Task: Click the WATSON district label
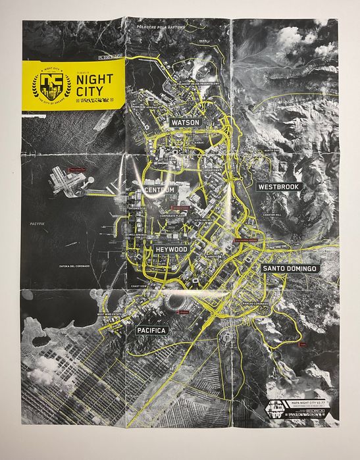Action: pyautogui.click(x=185, y=122)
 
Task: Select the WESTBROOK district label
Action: pyautogui.click(x=280, y=186)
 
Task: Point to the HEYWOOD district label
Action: pyautogui.click(x=172, y=250)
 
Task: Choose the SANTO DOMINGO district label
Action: pyautogui.click(x=290, y=268)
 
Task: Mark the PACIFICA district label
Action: pyautogui.click(x=152, y=329)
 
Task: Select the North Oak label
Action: pyautogui.click(x=272, y=151)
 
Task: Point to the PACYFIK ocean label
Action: pyautogui.click(x=36, y=224)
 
